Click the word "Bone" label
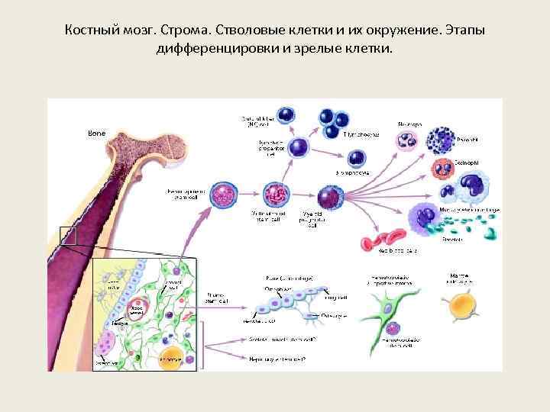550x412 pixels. [96, 134]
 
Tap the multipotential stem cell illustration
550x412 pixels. [274, 195]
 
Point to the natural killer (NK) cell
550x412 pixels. [287, 115]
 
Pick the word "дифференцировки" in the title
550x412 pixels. [209, 50]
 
